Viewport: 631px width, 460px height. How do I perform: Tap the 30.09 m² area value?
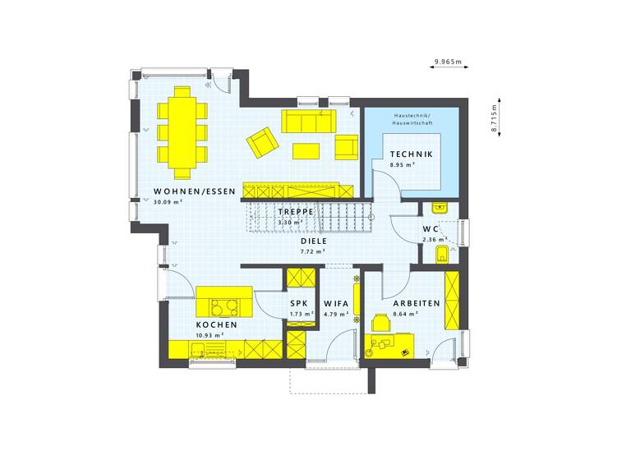[168, 202]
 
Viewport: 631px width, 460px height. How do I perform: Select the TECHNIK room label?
[411, 154]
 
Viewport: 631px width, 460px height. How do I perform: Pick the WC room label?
[431, 228]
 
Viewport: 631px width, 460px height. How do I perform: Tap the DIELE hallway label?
[314, 241]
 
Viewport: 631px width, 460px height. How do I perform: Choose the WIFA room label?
[336, 303]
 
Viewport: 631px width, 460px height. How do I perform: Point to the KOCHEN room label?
[217, 325]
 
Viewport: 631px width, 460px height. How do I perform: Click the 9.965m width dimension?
[448, 62]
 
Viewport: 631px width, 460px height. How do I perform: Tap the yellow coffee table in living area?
[306, 150]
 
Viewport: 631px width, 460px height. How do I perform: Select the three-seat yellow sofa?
[308, 122]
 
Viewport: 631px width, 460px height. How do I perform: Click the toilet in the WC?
[441, 253]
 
